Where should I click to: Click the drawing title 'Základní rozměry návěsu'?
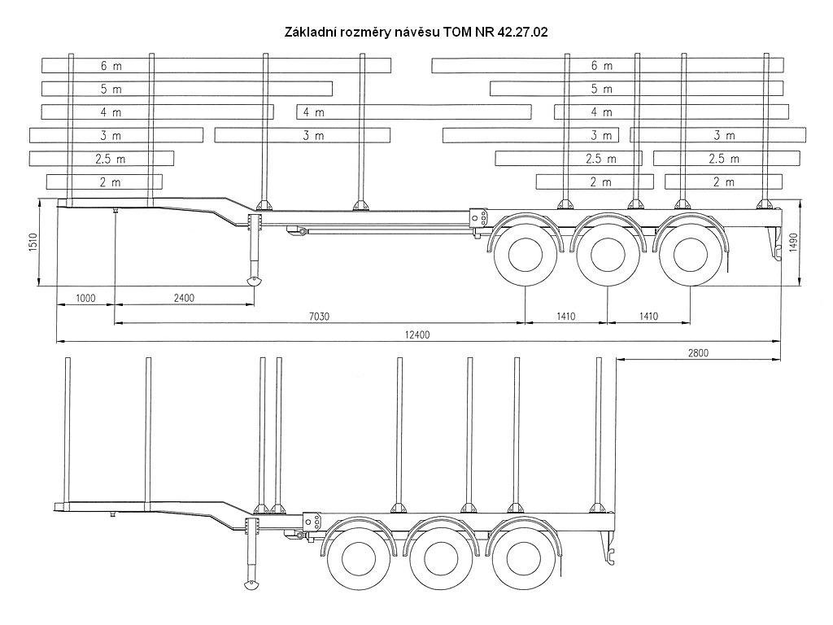click(x=362, y=33)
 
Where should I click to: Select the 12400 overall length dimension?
click(x=417, y=334)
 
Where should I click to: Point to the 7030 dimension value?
click(x=319, y=317)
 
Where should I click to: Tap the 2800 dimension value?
click(x=698, y=352)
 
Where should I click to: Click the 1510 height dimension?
click(x=33, y=243)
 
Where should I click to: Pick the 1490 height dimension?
click(x=794, y=243)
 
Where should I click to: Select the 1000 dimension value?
click(x=85, y=298)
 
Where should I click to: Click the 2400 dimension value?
click(x=184, y=298)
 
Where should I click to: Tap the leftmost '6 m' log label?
click(x=111, y=66)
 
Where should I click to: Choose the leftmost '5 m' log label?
click(x=111, y=89)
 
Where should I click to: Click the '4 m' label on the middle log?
click(x=313, y=112)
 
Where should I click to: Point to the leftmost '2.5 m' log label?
click(x=111, y=159)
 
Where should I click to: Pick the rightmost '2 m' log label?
click(x=723, y=182)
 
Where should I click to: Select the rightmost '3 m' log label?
click(x=724, y=136)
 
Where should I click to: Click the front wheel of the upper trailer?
click(x=526, y=255)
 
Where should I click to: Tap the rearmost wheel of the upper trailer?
click(x=691, y=255)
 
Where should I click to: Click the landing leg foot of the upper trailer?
click(x=254, y=282)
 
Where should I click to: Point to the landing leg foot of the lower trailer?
click(x=251, y=584)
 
